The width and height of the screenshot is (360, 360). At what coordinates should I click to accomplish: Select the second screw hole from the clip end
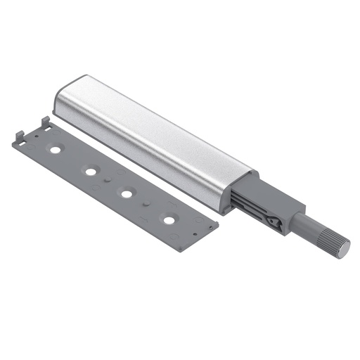(x=91, y=170)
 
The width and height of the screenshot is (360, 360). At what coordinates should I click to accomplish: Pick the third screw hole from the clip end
(x=127, y=193)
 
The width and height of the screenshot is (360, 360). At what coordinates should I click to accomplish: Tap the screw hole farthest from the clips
(x=169, y=219)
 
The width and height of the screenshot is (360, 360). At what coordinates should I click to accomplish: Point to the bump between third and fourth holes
(x=146, y=205)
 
